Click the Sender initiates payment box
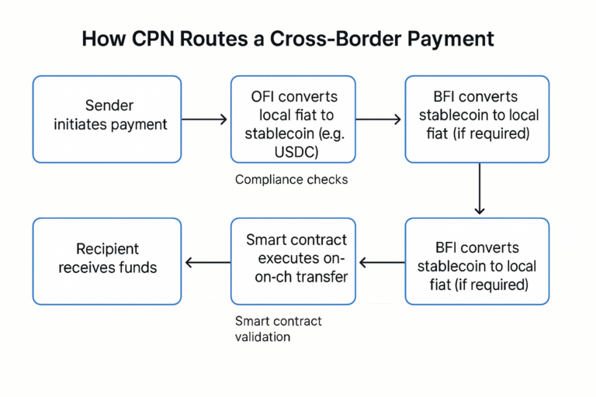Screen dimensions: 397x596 [x=106, y=119]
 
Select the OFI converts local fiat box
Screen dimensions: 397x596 [x=293, y=119]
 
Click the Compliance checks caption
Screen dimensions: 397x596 [x=291, y=180]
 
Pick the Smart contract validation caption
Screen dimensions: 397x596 [x=278, y=329]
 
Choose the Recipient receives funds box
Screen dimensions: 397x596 [x=106, y=261]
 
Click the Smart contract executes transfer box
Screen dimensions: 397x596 [x=293, y=261]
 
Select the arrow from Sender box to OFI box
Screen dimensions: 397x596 [x=206, y=119]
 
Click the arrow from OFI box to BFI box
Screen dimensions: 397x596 [x=379, y=119]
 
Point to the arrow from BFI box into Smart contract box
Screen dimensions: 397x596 [x=380, y=262]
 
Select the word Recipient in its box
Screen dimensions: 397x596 [x=107, y=250]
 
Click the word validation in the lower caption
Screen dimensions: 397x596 [x=262, y=337]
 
